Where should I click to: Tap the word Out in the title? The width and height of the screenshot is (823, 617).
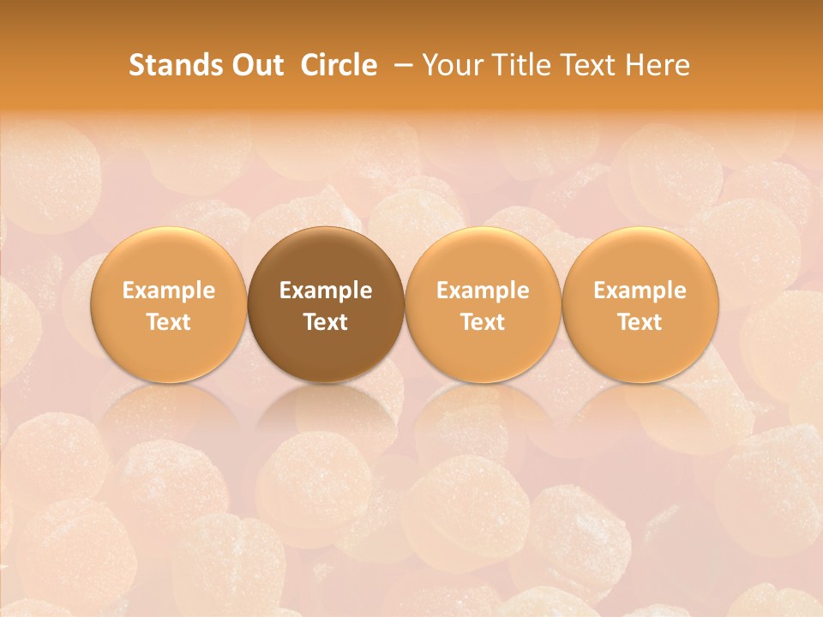(x=255, y=65)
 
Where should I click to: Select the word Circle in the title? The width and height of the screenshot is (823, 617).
(x=339, y=65)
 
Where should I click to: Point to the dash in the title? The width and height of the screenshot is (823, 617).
(x=399, y=65)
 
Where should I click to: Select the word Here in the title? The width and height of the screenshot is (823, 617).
(x=658, y=65)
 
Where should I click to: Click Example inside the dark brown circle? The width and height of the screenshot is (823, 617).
(x=326, y=291)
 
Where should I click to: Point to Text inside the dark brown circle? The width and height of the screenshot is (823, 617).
(x=326, y=322)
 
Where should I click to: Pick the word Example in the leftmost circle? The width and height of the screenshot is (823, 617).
(x=168, y=291)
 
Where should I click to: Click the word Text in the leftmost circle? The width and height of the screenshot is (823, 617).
(x=168, y=322)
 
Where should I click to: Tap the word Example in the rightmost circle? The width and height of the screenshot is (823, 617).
(x=640, y=291)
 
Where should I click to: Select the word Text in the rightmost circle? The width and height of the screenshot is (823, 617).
(x=640, y=322)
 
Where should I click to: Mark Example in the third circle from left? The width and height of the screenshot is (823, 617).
(x=483, y=291)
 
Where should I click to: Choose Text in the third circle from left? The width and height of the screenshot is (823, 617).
(x=483, y=322)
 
